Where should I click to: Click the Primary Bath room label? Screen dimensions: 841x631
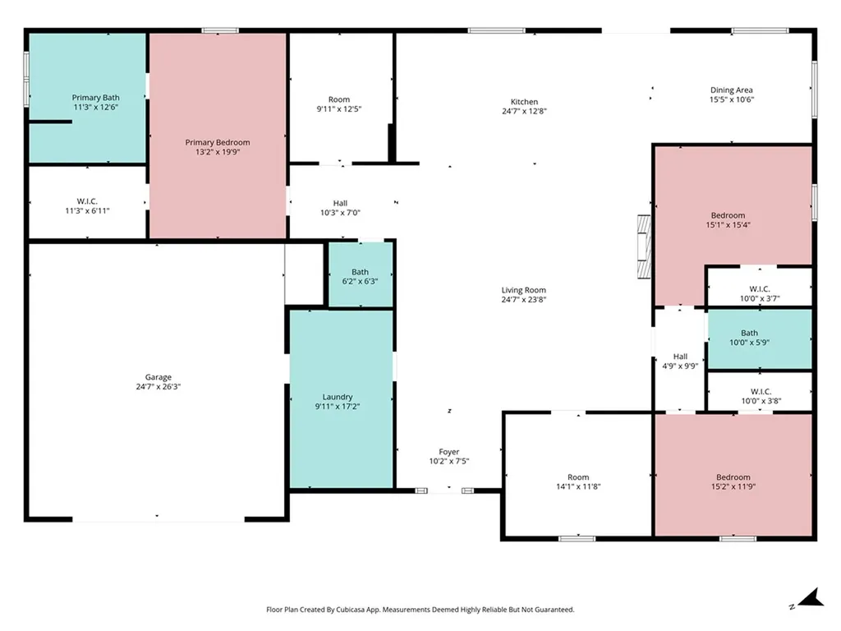[95, 98]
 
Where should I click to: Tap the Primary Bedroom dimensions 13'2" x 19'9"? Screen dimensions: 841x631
[217, 152]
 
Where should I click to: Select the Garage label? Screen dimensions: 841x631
[159, 377]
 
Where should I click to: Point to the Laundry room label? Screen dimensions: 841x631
[338, 397]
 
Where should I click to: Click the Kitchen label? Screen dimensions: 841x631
[524, 101]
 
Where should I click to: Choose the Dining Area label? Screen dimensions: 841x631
[732, 90]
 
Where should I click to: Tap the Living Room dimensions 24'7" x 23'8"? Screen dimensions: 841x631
[523, 299]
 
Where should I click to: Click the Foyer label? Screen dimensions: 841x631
[449, 452]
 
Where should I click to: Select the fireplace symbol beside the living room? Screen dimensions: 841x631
[644, 246]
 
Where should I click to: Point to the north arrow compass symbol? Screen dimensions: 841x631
[811, 598]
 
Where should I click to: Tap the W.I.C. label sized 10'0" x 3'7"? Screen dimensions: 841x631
[760, 289]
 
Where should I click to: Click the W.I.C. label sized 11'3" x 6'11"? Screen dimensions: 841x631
[87, 201]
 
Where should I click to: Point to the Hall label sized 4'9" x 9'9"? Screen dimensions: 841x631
[680, 357]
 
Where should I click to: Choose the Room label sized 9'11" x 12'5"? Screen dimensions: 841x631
[339, 99]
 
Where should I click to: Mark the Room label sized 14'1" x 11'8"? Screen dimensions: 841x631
[578, 477]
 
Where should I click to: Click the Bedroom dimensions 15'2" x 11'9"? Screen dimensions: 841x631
[733, 486]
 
